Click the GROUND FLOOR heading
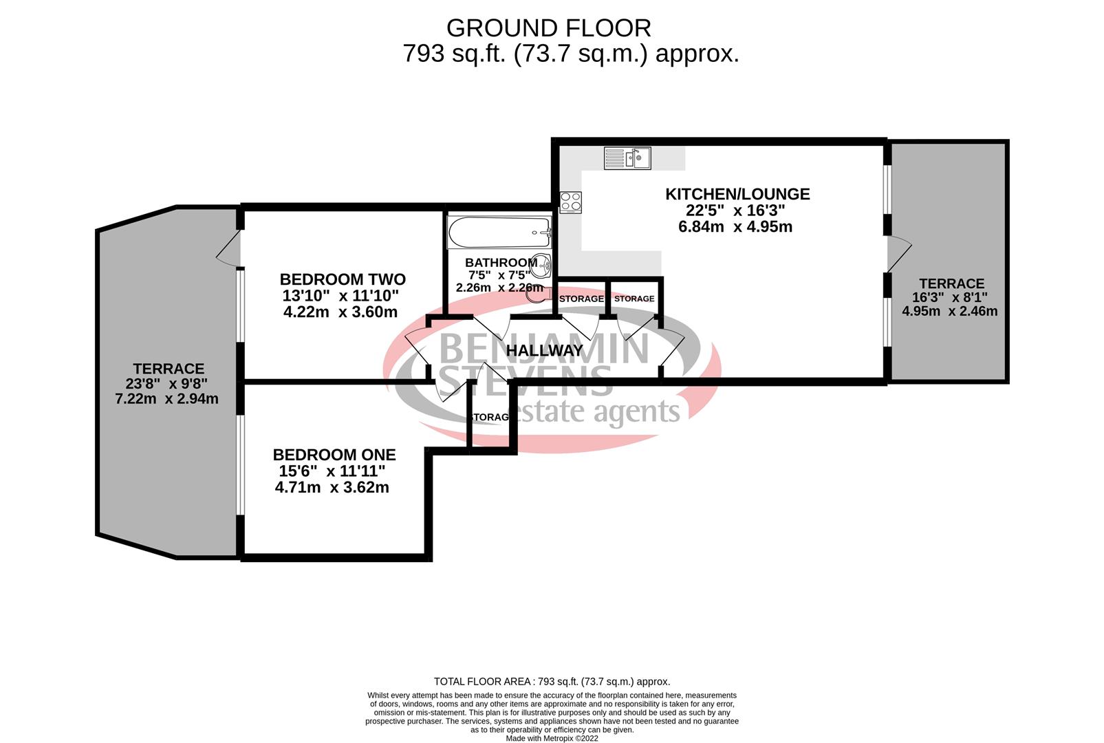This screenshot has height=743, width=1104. coord(548,28)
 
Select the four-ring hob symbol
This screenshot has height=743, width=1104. coord(571,202)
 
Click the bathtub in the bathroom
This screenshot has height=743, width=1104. coord(499,233)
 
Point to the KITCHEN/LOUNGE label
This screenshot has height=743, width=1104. coord(737,194)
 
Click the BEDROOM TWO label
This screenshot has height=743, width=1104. coord(343,279)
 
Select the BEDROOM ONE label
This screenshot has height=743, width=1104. coord(334,455)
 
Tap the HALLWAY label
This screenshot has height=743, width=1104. coord(544,350)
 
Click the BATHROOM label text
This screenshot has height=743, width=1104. coord(501,262)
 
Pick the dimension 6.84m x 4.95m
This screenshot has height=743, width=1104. coord(735,227)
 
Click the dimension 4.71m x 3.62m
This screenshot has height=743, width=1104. coord(332,488)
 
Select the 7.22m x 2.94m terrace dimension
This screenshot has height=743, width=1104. coord(167,399)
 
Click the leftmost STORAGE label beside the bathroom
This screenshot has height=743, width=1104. coord(581,299)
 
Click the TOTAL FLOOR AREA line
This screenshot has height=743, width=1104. coord(552,682)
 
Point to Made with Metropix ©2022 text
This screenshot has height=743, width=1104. coord(552,738)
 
